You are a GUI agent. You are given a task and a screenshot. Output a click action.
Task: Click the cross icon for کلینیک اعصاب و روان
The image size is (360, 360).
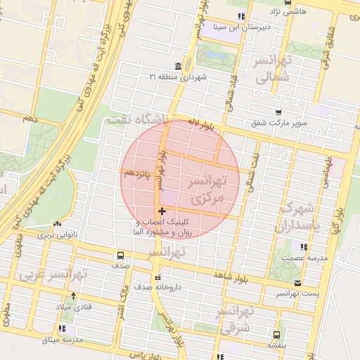162,210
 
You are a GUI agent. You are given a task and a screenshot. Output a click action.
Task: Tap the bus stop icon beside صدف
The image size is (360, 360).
120,255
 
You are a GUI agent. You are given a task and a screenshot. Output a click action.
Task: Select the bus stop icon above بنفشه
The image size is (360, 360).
276,335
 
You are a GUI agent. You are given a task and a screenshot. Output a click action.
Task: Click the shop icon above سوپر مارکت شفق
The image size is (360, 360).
278,112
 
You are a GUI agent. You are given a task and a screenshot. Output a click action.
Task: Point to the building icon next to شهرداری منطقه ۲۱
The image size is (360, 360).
176,67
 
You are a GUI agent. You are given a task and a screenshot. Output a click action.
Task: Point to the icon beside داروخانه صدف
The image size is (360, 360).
157,276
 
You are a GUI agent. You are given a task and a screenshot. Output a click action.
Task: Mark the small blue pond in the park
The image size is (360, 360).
217,53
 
